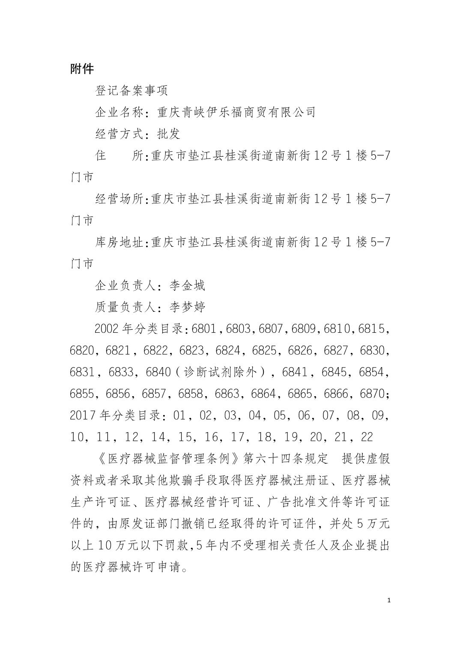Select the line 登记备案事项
pyautogui.click(x=131, y=91)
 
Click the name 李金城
pyautogui.click(x=187, y=285)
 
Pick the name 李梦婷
pyautogui.click(x=187, y=307)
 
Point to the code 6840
pyautogui.click(x=158, y=372)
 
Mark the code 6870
pyautogui.click(x=372, y=394)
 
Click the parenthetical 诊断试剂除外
pyautogui.click(x=220, y=372)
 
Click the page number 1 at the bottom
pyautogui.click(x=388, y=600)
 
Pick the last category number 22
pyautogui.click(x=367, y=437)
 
